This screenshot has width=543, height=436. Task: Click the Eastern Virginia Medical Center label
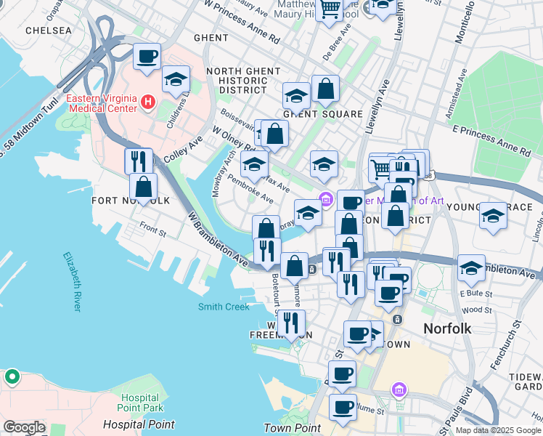tap(101, 103)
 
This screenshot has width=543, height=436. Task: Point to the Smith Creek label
tap(224, 307)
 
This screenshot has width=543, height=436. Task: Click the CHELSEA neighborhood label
tap(49, 31)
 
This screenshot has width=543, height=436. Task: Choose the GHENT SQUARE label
tap(322, 114)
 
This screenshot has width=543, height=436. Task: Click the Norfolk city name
tap(447, 328)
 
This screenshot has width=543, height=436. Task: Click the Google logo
tap(24, 427)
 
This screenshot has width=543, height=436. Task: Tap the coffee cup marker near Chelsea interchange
tap(147, 56)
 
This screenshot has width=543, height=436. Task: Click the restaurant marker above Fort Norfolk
tap(138, 159)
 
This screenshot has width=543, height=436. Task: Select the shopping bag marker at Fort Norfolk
tap(144, 186)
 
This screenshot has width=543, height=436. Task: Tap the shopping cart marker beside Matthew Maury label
tap(330, 9)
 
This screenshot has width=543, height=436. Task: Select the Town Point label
tap(292, 428)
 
